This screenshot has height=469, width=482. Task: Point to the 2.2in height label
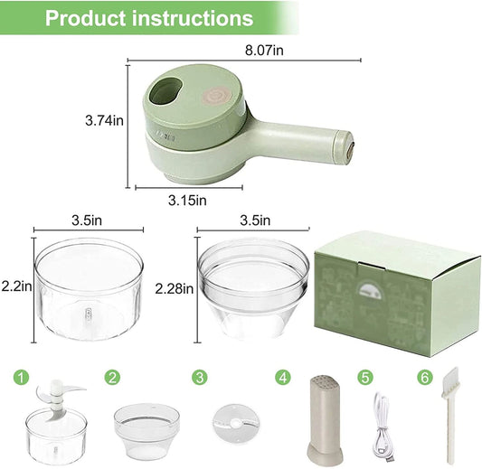click(x=16, y=286)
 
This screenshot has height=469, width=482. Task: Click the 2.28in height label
click(x=174, y=288)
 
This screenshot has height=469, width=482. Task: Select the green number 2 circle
click(x=112, y=376)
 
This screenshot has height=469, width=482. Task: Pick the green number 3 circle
click(x=198, y=376)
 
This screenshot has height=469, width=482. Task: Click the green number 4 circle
click(x=284, y=376)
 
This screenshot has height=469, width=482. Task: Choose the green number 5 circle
click(x=365, y=376)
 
